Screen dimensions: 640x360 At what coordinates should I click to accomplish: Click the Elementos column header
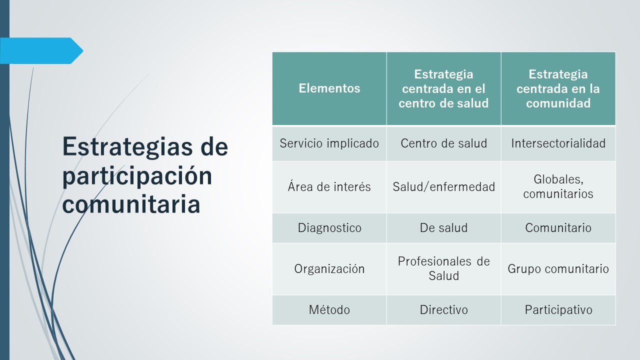329,88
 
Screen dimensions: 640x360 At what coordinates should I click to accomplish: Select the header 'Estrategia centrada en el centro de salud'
443,88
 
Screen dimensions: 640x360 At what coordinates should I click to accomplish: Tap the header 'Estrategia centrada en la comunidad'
558,88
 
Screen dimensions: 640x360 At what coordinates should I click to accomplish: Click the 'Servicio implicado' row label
329,143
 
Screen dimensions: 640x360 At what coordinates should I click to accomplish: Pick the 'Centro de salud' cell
443,143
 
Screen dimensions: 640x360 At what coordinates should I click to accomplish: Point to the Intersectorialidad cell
558,143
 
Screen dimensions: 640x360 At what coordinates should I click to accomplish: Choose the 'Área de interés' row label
329,187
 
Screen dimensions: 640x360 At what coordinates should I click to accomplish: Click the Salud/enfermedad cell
443,187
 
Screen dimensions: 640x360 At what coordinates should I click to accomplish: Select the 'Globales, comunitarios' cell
558,186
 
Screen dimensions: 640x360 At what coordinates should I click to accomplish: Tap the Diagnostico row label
329,228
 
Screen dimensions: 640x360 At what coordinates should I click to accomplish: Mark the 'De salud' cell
443,228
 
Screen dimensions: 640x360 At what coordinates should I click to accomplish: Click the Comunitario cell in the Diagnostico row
558,228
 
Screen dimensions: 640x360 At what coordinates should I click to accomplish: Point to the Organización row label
329,269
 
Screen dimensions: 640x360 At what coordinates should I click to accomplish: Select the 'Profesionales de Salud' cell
443,268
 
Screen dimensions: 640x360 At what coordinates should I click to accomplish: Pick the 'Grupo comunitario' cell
558,269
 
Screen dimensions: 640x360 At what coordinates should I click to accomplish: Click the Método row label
329,309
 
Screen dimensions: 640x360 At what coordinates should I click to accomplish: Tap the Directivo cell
443,310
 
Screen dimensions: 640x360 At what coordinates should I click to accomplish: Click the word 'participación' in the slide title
137,176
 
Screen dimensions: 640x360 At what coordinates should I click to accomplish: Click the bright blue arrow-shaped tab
41,50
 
